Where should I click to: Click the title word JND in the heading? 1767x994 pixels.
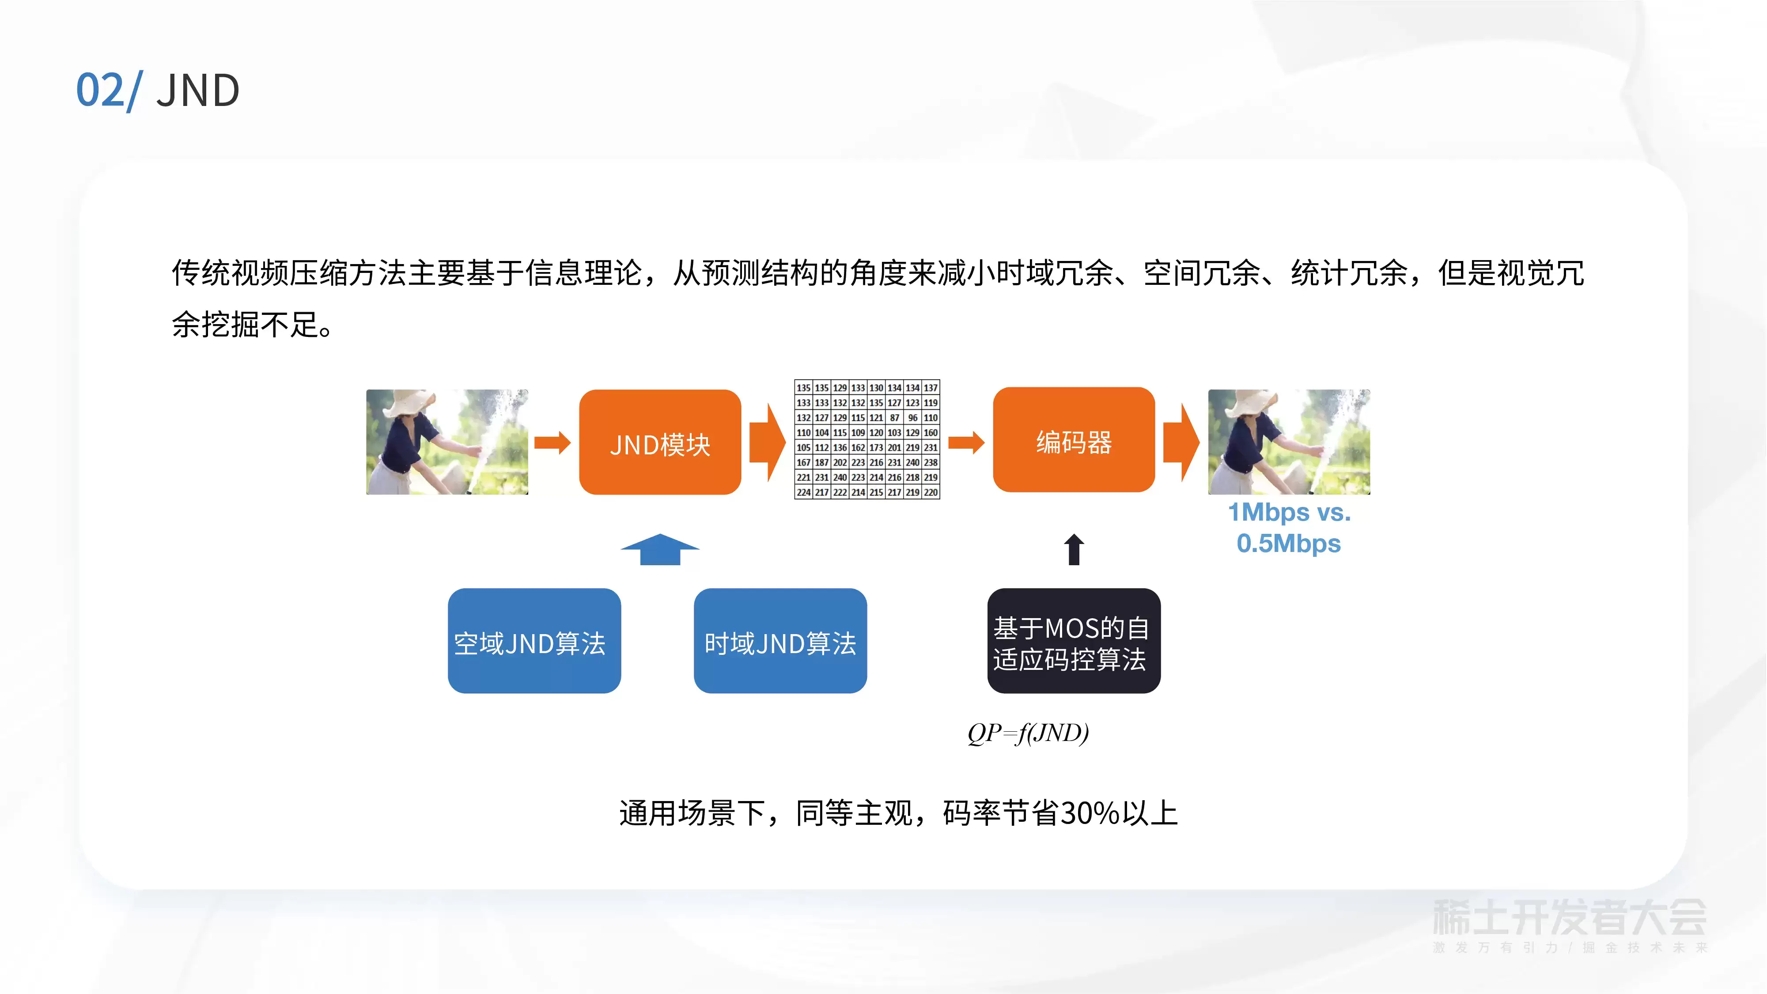point(197,91)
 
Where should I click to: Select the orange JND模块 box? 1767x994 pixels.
point(660,442)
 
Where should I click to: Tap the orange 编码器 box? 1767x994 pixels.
point(1074,440)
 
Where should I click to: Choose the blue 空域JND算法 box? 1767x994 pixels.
point(534,641)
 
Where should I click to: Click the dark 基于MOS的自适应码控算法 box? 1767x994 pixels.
point(1074,641)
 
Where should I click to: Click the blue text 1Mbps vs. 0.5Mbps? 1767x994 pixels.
point(1289,528)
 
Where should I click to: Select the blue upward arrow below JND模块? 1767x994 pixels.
point(660,549)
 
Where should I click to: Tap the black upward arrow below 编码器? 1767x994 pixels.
point(1074,549)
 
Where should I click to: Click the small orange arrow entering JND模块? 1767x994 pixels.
point(553,442)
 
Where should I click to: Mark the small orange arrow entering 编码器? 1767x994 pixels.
point(966,442)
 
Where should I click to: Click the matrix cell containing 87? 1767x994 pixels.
point(894,418)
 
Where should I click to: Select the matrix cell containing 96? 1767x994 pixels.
point(912,418)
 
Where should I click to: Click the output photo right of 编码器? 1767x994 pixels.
point(1289,442)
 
